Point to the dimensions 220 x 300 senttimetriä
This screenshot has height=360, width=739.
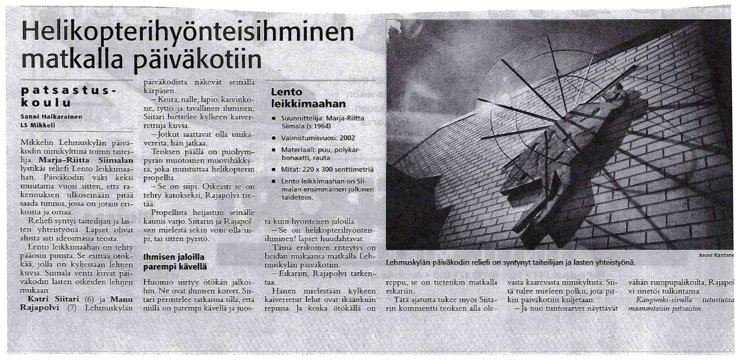(x=338, y=169)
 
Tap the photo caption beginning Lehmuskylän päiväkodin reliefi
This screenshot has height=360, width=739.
(x=510, y=261)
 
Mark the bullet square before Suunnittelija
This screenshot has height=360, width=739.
(x=274, y=119)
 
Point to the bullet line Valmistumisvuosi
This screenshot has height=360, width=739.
(x=318, y=137)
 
